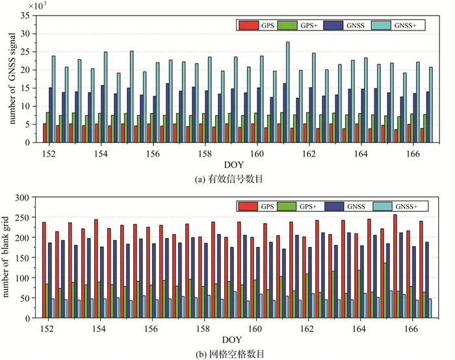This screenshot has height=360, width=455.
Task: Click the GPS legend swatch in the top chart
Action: [x=248, y=25]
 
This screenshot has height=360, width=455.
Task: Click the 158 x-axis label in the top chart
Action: [x=205, y=155]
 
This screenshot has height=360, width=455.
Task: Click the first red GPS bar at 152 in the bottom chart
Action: [x=44, y=270]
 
